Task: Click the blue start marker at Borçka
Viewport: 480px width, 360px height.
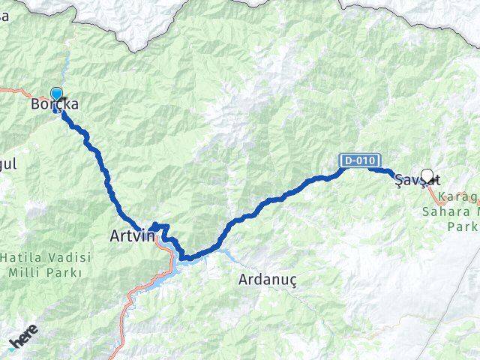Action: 56,94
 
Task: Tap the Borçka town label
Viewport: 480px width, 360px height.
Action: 54,106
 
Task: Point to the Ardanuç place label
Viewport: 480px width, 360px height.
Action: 268,279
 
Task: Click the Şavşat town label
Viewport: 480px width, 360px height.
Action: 416,180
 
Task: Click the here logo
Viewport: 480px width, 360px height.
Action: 22,342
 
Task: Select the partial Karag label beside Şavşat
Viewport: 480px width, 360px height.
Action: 458,198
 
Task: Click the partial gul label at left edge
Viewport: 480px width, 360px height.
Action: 7,163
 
